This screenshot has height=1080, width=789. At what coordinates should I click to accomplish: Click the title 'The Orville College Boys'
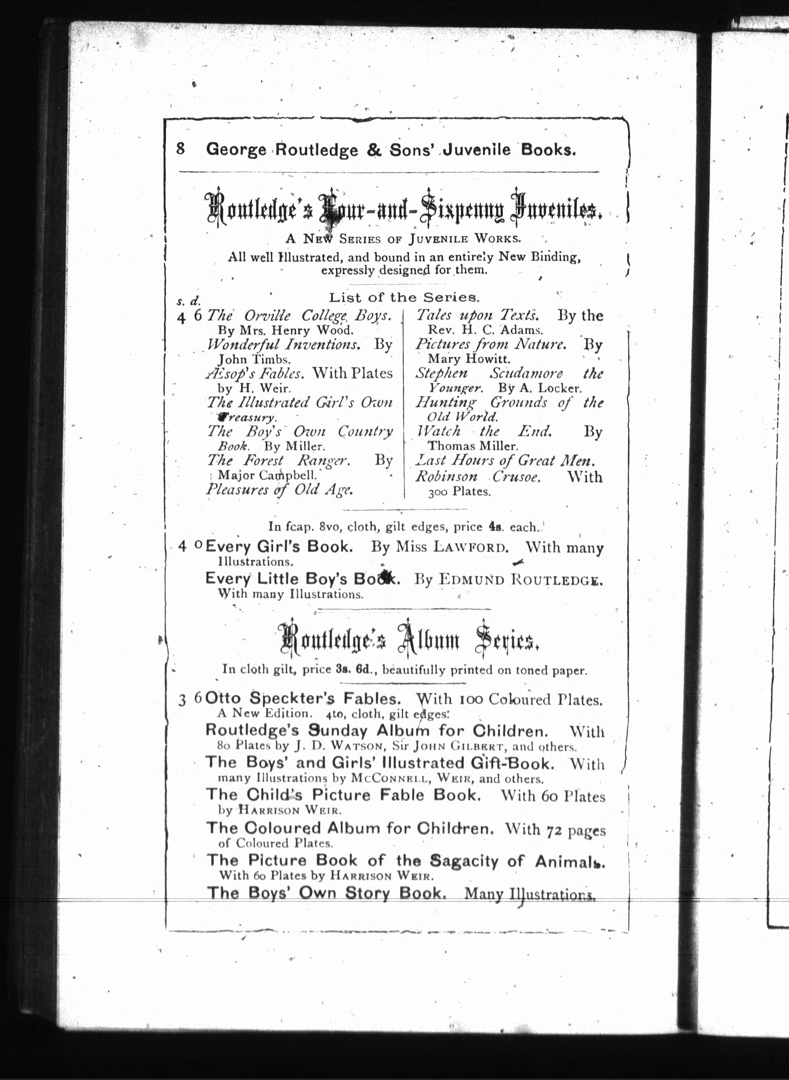pos(299,316)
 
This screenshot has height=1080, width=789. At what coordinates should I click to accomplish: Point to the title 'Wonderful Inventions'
pos(283,344)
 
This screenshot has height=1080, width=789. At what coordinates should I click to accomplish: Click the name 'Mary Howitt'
pos(469,359)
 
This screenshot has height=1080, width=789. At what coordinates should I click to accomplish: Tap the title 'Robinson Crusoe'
pos(478,477)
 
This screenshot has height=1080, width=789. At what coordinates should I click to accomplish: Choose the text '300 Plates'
pos(459,492)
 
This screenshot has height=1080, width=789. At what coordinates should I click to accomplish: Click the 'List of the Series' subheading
pos(404,298)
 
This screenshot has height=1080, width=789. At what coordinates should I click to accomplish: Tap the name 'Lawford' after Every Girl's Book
pos(469,547)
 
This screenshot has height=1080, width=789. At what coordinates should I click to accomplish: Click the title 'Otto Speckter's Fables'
pos(303,699)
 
